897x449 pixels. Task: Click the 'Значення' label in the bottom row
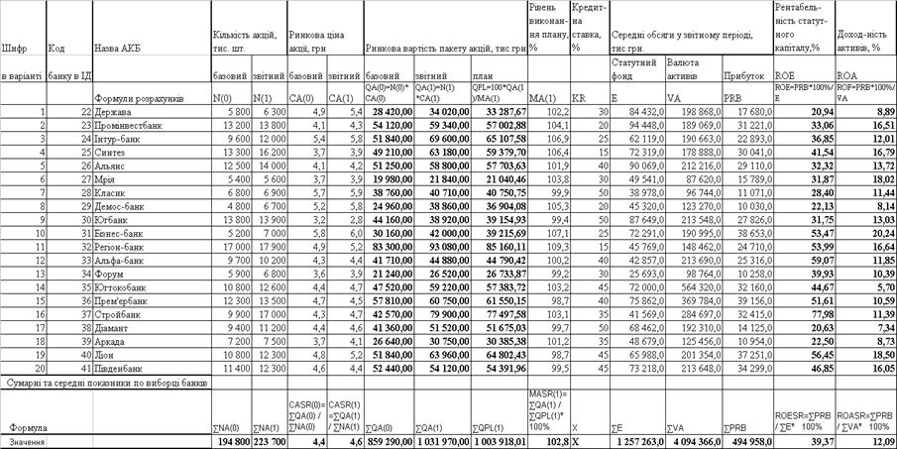click(x=27, y=440)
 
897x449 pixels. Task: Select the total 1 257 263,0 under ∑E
click(x=638, y=440)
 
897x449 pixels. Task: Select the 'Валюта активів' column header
click(x=685, y=66)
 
